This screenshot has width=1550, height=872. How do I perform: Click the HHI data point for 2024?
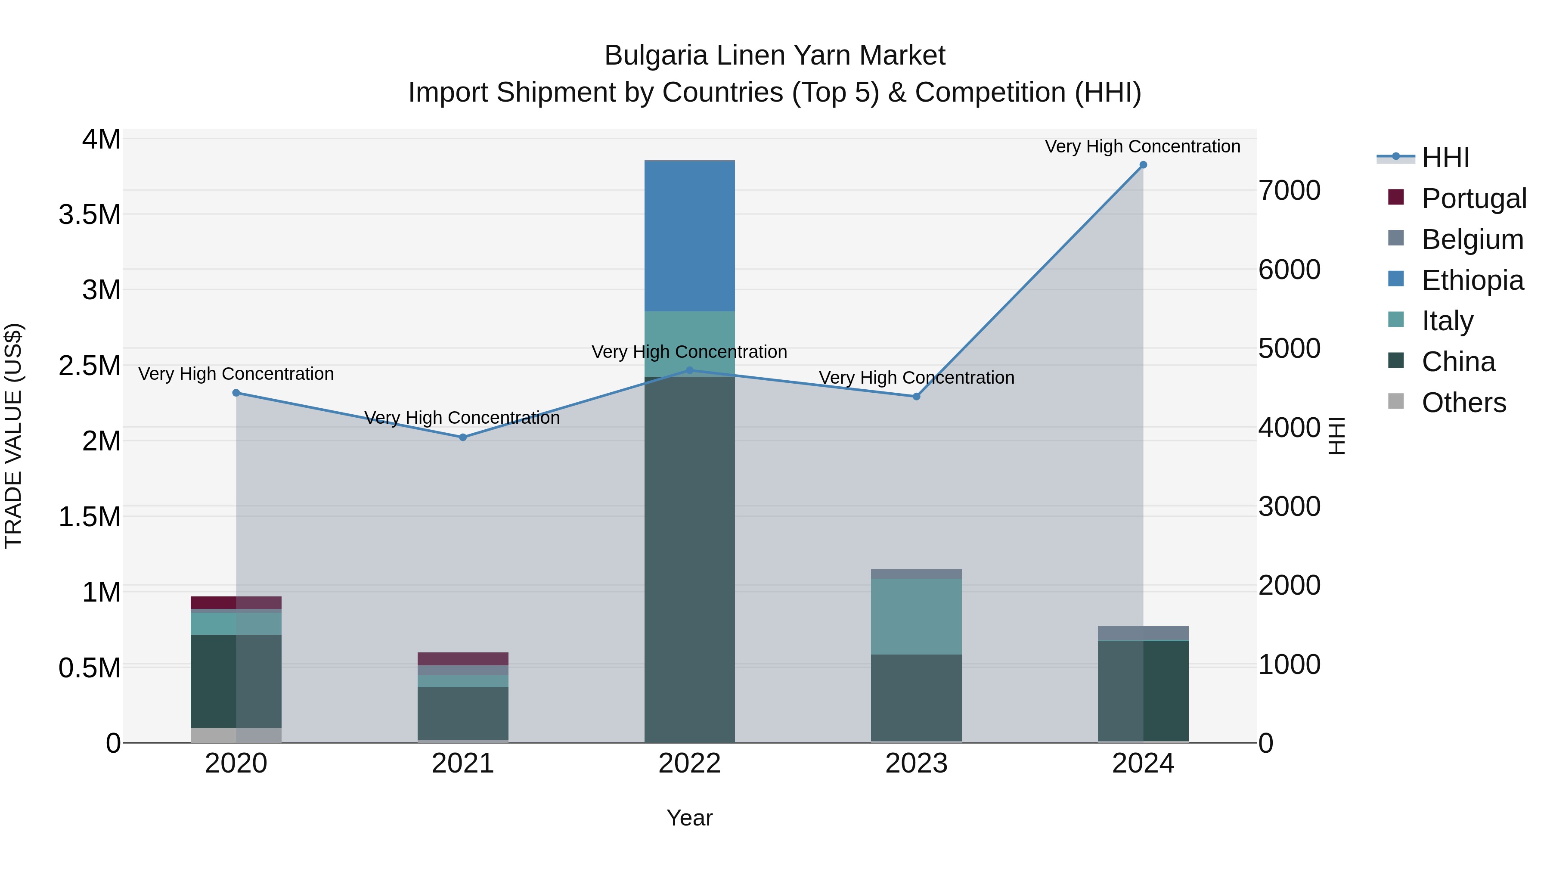point(1143,165)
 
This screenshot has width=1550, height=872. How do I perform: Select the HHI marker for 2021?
point(463,438)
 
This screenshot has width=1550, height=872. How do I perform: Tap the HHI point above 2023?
point(916,397)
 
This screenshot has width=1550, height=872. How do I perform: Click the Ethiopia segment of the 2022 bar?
point(690,236)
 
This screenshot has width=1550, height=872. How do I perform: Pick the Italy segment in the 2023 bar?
point(916,616)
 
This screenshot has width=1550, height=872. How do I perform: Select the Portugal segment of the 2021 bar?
point(463,658)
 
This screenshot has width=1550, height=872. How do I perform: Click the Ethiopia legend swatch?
point(1396,279)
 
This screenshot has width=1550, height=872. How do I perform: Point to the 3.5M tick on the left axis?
point(90,215)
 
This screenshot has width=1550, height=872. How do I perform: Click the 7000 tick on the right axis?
point(1290,190)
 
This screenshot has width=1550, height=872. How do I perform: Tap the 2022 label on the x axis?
point(690,763)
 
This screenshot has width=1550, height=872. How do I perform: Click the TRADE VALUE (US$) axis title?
point(13,436)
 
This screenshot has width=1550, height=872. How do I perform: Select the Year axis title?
point(690,818)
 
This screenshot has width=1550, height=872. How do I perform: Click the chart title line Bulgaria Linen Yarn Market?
point(775,56)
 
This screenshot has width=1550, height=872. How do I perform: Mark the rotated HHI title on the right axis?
point(1336,436)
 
